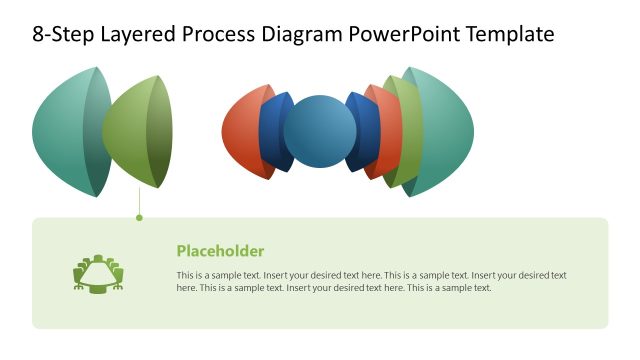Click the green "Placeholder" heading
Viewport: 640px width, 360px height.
(220, 251)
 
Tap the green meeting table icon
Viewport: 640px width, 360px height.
(98, 272)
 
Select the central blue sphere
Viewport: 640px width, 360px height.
(320, 132)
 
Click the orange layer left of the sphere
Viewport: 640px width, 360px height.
(242, 132)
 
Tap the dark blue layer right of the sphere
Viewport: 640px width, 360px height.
(365, 133)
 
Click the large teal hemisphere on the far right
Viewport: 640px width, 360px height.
(450, 132)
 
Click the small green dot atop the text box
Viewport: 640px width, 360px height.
(139, 217)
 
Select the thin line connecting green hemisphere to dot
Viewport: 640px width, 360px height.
(139, 202)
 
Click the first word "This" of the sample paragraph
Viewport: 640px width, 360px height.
(185, 275)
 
